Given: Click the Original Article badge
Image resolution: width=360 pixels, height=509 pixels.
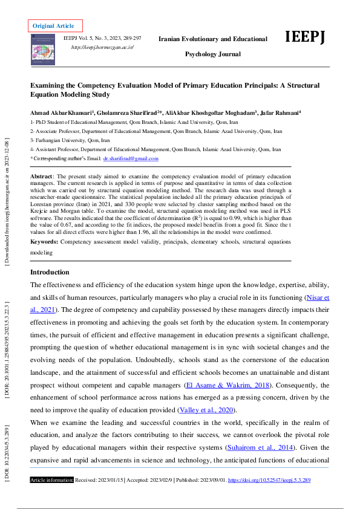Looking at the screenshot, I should pyautogui.click(x=53, y=26).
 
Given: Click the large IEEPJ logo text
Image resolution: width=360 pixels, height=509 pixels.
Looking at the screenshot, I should pyautogui.click(x=305, y=37).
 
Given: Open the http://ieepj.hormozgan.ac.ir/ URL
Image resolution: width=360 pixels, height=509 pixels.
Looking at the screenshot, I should pyautogui.click(x=102, y=47).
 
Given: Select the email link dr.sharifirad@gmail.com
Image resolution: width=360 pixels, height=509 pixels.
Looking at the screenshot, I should pyautogui.click(x=131, y=158).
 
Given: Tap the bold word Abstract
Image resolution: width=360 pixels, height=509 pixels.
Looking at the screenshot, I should pyautogui.click(x=42, y=176).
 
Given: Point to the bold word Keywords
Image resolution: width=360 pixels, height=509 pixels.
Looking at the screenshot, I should pyautogui.click(x=44, y=241).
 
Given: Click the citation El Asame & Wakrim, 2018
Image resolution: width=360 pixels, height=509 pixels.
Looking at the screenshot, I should pyautogui.click(x=227, y=385).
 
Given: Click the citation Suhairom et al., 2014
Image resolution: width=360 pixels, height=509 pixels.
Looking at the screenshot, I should pyautogui.click(x=258, y=448).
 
